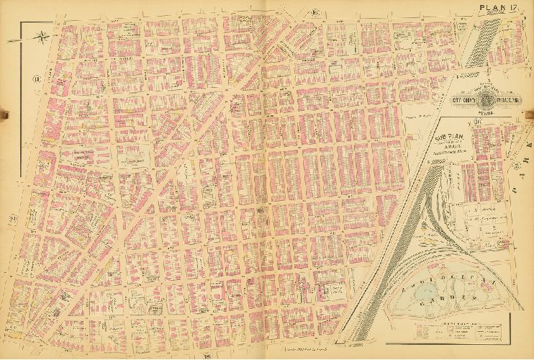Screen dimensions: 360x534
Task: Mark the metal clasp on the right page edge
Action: [531, 112]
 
